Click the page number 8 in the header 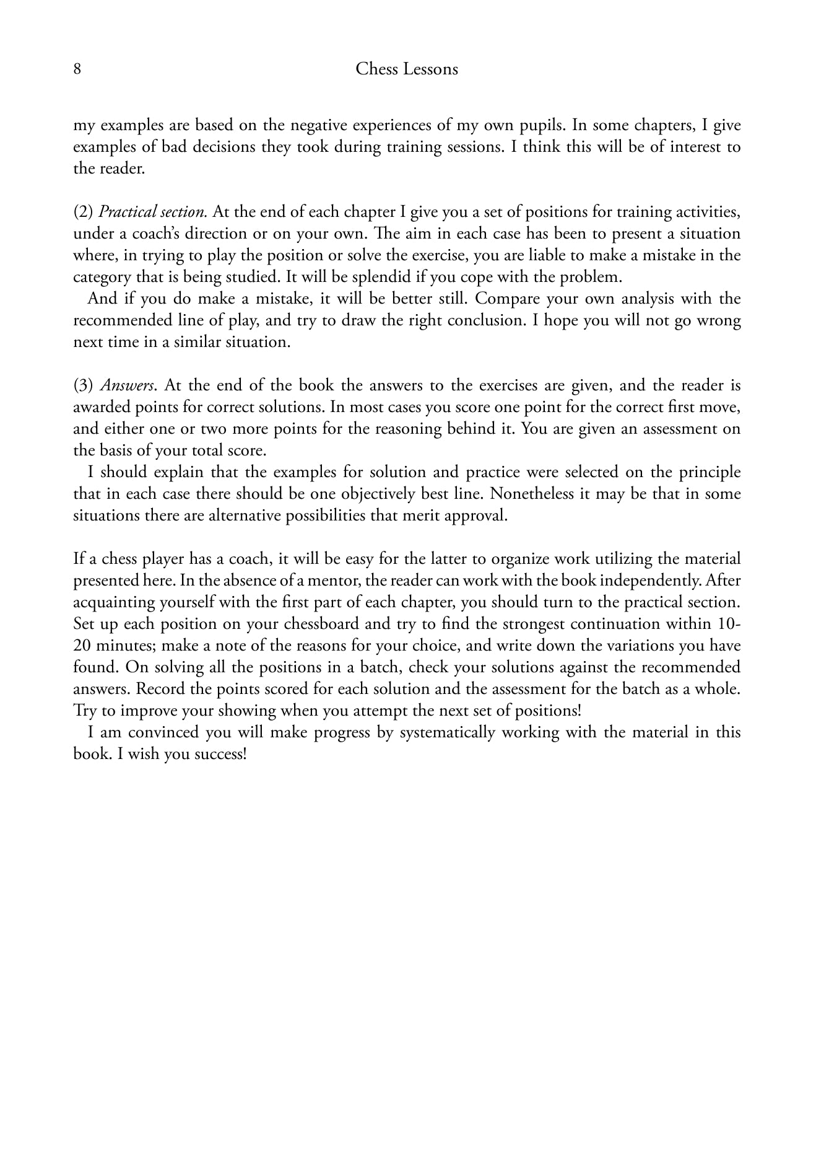[77, 69]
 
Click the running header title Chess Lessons [407, 69]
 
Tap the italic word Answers [127, 386]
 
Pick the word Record [157, 690]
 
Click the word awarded [102, 408]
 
